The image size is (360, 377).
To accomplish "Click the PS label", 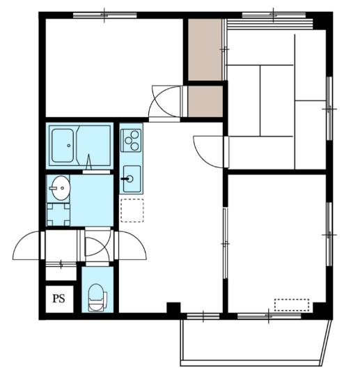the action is tap(58, 299).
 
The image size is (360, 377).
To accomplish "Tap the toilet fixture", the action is tap(97, 298).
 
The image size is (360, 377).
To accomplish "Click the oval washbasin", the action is tap(61, 188).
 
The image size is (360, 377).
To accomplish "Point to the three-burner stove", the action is tap(131, 140).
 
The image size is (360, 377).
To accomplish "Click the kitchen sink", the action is tap(132, 179).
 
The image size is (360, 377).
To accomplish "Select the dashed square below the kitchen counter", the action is tap(132, 210).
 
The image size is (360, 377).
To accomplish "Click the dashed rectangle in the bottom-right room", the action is tap(292, 305).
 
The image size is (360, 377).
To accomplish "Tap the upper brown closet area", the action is tap(205, 49).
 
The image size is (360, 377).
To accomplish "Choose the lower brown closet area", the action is tap(205, 101).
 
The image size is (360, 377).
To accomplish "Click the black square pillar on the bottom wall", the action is tap(173, 308).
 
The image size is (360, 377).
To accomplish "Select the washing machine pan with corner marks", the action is tap(58, 215).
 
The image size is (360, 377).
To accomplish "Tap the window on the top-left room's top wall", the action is tap(104, 15).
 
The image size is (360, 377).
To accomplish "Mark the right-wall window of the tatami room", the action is tap(329, 109).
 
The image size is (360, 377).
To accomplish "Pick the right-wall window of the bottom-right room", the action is tap(329, 234).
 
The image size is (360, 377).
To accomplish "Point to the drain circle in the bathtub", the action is tap(69, 146).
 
